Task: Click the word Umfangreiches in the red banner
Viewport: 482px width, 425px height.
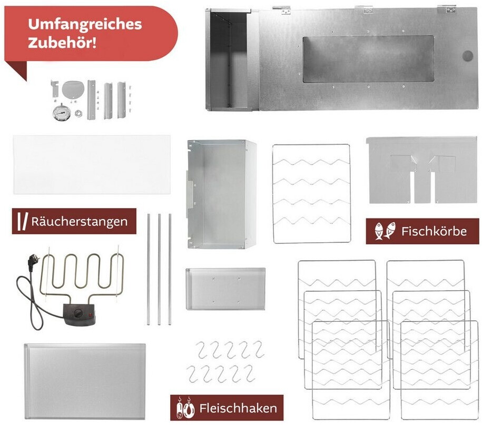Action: click(85, 25)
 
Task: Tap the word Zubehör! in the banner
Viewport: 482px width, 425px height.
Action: click(62, 42)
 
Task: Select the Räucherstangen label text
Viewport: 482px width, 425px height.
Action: click(80, 221)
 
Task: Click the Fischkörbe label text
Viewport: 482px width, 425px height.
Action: click(434, 231)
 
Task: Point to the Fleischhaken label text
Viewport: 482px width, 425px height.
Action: click(238, 408)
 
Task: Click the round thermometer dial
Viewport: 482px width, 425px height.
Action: click(62, 113)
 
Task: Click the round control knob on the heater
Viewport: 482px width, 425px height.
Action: click(78, 314)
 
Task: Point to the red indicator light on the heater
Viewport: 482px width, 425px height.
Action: click(91, 314)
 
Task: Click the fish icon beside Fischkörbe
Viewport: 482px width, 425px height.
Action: click(385, 231)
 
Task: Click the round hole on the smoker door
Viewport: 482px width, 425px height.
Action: click(468, 56)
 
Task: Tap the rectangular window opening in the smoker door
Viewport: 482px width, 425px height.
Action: click(368, 59)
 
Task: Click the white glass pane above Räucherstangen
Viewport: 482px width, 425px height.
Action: click(92, 164)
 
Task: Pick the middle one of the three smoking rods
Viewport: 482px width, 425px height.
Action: click(159, 269)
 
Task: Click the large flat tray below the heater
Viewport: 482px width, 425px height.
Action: click(85, 381)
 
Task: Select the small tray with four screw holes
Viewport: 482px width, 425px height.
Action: click(225, 289)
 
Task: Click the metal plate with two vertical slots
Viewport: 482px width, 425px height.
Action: click(422, 170)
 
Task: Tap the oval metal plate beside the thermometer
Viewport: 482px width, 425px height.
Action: click(73, 89)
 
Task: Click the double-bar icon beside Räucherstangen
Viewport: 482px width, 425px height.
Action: click(23, 221)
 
